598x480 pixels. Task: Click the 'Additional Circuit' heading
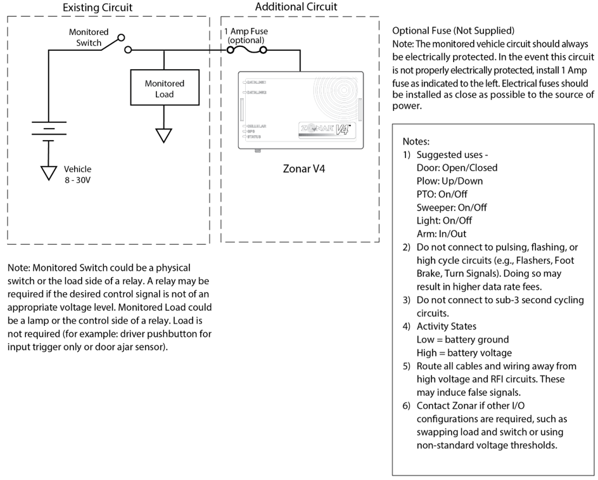pos(296,7)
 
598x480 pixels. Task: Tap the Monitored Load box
pos(164,89)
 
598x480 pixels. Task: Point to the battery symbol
pos(49,129)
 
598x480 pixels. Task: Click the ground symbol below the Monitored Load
pos(164,134)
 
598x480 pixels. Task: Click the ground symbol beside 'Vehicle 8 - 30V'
pos(49,171)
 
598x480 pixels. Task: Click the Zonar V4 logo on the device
pos(322,127)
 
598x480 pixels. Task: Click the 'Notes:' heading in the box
pos(416,142)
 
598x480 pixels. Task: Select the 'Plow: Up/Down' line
pos(449,181)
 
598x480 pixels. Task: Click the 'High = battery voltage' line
pos(464,353)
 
